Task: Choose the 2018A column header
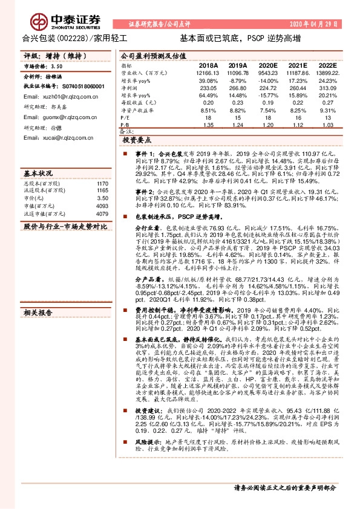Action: coord(208,65)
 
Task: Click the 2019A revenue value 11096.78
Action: coord(238,72)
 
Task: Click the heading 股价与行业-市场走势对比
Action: coord(65,227)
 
